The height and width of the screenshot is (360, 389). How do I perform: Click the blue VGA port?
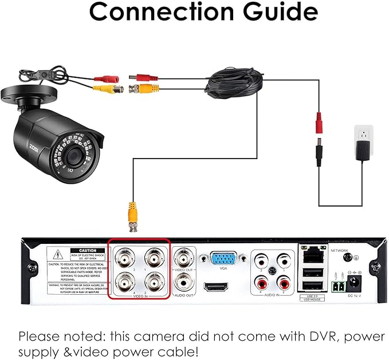coord(223,259)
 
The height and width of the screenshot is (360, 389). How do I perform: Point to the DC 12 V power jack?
coord(356,282)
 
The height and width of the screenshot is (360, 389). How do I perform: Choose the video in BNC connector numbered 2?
coord(154,283)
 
